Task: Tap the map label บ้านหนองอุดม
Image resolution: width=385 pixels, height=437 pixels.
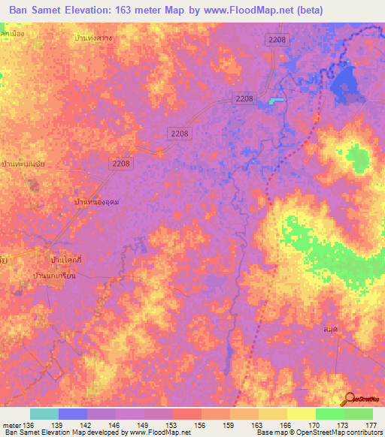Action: click(x=98, y=202)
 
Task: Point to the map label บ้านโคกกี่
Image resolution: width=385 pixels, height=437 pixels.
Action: click(x=65, y=259)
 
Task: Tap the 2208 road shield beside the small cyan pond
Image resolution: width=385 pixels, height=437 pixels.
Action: click(x=245, y=98)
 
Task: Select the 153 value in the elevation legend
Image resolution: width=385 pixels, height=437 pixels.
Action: click(x=172, y=426)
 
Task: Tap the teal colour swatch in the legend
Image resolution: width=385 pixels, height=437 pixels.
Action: click(x=44, y=414)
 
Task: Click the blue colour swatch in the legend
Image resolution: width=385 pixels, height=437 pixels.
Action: click(x=72, y=414)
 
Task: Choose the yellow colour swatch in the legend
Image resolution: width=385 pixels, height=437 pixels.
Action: click(x=301, y=414)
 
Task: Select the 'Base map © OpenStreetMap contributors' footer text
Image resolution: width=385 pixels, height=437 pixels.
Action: click(x=317, y=433)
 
